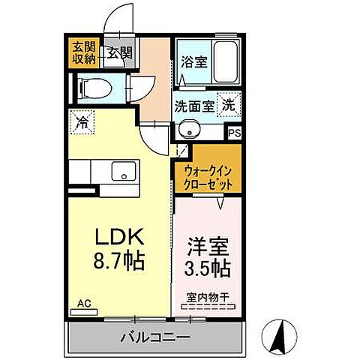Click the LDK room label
click(x=119, y=238)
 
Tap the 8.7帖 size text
click(x=119, y=263)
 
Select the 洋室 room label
click(x=204, y=245)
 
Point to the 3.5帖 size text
click(x=204, y=266)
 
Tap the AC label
click(x=85, y=304)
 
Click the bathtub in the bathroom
click(x=223, y=58)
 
